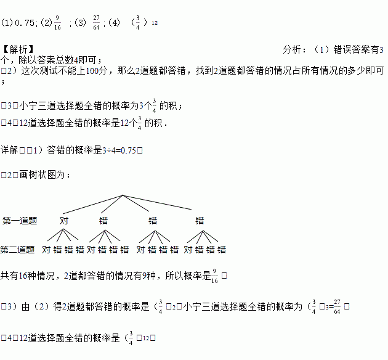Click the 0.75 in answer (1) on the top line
coord(25,23)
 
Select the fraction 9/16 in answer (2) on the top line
coord(57,23)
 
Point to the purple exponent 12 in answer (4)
coord(154,23)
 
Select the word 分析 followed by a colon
coord(293,49)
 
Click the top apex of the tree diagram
coord(123,196)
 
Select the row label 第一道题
coord(20,220)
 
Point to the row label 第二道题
coord(18,250)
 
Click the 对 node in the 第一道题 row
coord(64,220)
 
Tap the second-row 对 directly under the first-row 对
coord(47,250)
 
